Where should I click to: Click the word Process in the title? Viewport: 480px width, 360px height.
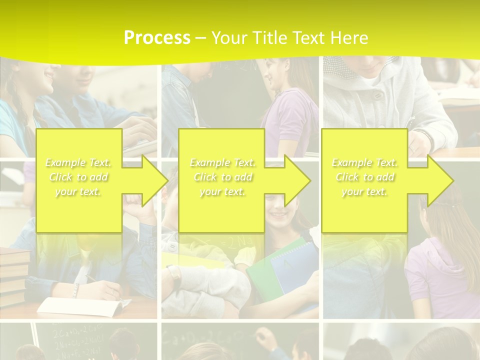157,38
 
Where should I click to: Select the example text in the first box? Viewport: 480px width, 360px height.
78,177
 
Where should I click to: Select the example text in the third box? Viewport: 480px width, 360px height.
364,177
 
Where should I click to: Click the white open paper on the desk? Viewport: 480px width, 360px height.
80,306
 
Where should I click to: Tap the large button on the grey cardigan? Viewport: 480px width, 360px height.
378,94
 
